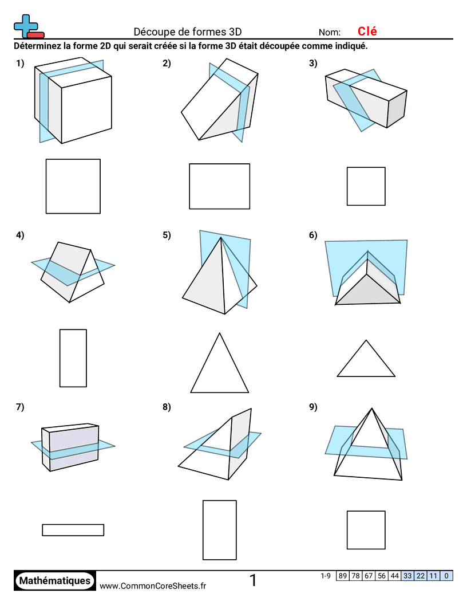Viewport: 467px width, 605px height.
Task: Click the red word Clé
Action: point(367,32)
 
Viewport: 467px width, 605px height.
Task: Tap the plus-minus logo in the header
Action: point(28,26)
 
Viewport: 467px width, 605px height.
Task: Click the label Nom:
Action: point(330,33)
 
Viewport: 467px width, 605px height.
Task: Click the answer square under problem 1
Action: point(73,186)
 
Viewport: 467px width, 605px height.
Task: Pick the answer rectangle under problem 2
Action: point(219,186)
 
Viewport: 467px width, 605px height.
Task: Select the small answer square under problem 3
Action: point(366,186)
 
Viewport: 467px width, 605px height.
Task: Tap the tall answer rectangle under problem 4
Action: point(73,358)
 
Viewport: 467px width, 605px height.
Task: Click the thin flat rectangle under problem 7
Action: point(73,530)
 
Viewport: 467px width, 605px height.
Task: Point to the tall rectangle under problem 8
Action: point(219,530)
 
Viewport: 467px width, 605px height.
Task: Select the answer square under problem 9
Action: point(366,530)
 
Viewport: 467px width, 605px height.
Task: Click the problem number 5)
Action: point(167,235)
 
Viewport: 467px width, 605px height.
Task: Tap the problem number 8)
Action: point(167,407)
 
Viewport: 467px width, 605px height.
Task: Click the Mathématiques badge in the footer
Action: point(55,580)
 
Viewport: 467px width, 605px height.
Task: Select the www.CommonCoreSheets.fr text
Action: point(153,586)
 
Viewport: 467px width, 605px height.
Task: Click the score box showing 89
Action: point(343,576)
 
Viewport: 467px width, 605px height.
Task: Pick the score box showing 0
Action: point(446,576)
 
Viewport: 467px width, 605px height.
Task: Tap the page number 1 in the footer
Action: point(253,581)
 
